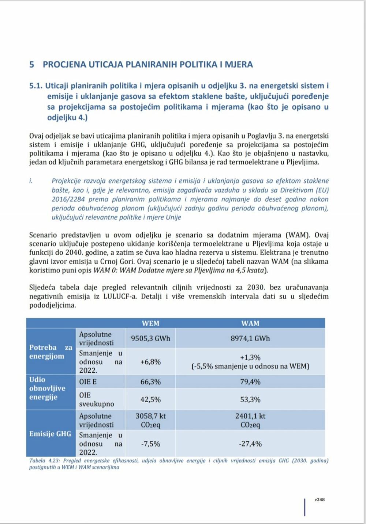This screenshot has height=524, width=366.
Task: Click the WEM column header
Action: click(x=150, y=323)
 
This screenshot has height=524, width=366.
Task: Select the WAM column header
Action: click(x=250, y=323)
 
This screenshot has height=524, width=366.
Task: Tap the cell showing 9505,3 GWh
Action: click(x=150, y=338)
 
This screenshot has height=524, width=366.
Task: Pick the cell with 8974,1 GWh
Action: click(x=250, y=338)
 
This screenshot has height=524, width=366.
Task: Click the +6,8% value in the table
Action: click(x=150, y=362)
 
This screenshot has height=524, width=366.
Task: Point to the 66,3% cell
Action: click(x=150, y=382)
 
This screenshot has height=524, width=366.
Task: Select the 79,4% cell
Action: click(x=250, y=382)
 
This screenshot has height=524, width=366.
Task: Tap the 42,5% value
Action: click(x=150, y=399)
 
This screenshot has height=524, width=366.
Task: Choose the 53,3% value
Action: click(x=250, y=399)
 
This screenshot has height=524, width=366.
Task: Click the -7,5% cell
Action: click(x=150, y=444)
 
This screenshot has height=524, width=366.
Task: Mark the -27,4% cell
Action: click(x=250, y=444)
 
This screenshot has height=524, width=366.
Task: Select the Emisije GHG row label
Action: click(x=50, y=434)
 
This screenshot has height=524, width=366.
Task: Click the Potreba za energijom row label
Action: click(x=51, y=352)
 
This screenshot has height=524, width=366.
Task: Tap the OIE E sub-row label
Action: click(x=88, y=382)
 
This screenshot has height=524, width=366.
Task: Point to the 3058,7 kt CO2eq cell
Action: click(x=150, y=420)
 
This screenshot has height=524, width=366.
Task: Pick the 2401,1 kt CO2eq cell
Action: click(x=250, y=420)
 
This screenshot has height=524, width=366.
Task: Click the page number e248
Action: click(x=320, y=500)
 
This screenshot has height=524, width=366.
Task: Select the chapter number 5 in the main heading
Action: click(x=32, y=65)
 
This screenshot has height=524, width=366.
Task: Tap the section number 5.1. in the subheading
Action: click(x=36, y=86)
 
